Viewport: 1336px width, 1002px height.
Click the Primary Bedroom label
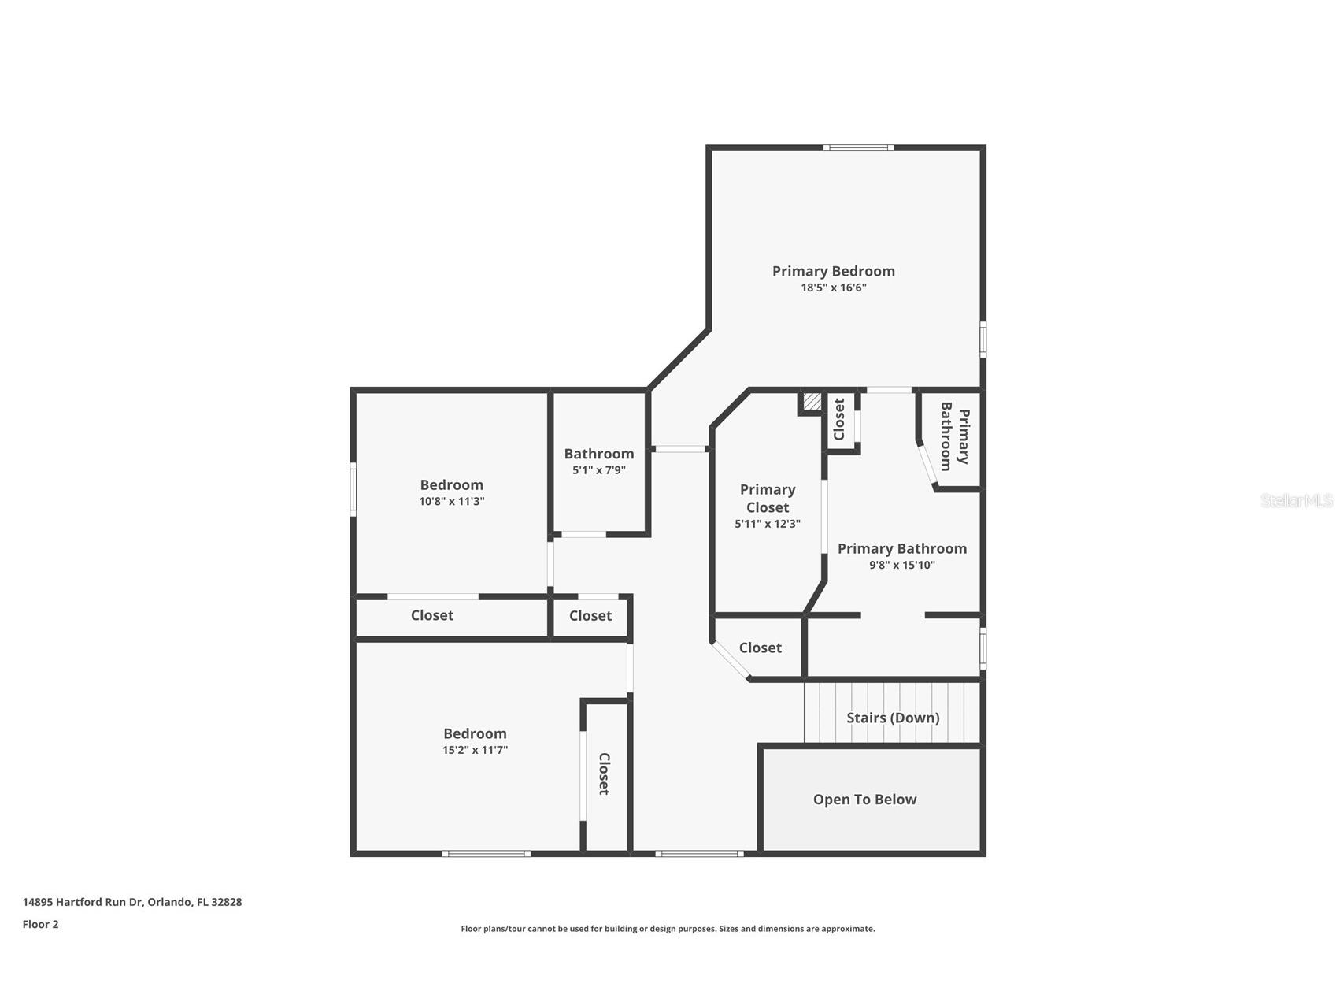833,271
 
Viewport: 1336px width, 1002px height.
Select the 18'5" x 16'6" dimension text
833,288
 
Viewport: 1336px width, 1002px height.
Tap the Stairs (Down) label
893,718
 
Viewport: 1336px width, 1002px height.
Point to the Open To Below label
864,800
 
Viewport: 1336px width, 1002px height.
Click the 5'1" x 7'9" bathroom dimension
598,470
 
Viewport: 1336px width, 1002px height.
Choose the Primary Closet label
767,499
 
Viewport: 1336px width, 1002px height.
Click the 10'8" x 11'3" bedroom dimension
451,501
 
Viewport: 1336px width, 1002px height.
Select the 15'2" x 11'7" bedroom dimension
475,750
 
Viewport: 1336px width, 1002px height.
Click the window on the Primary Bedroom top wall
858,147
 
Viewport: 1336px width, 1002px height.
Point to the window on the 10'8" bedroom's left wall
353,489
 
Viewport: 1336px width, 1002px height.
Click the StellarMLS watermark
1296,500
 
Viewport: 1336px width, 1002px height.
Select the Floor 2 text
40,925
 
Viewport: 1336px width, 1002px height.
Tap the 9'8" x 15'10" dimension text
901,565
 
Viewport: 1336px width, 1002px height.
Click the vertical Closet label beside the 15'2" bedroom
604,774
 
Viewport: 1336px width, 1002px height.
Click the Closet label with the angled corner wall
760,648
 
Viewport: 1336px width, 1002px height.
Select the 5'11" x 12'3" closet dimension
767,524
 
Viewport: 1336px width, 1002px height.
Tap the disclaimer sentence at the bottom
668,929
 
